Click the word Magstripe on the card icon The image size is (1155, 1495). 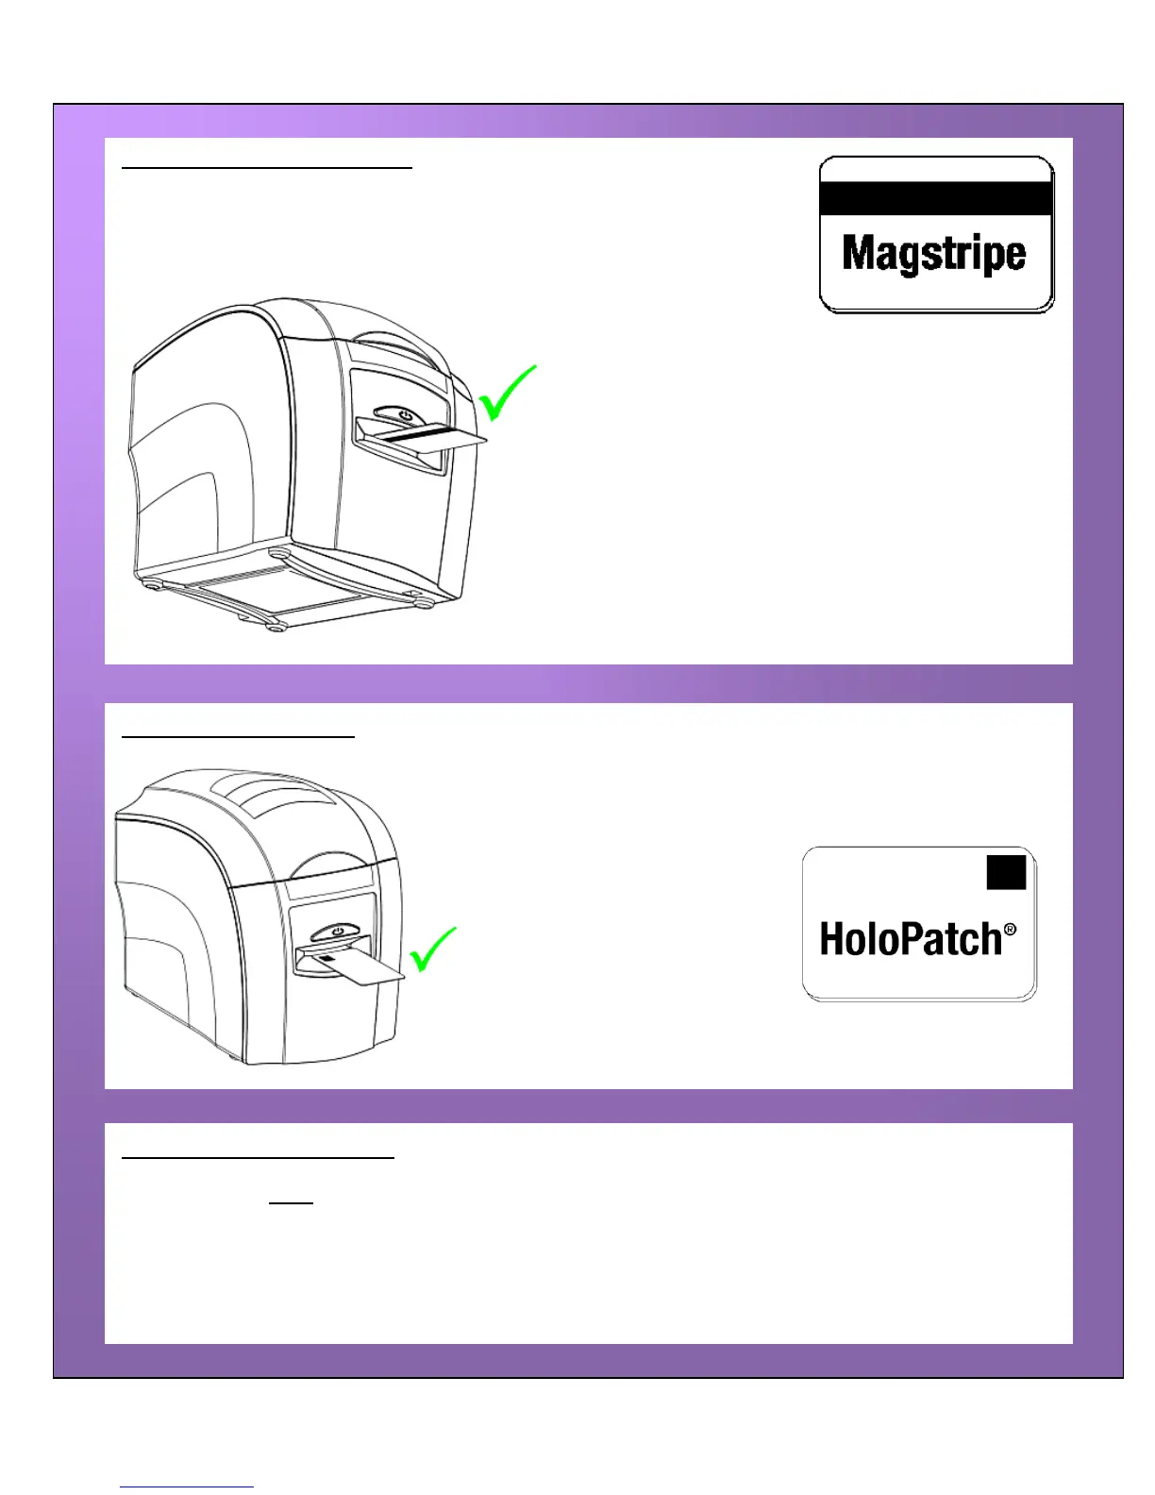(x=933, y=254)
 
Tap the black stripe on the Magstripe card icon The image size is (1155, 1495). (x=935, y=199)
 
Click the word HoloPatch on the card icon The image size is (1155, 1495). (x=910, y=939)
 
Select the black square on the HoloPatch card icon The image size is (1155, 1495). (x=1006, y=873)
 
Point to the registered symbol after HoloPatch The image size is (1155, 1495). (x=1011, y=930)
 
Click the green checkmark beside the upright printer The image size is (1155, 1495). (x=433, y=949)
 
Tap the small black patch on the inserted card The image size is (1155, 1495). (x=326, y=957)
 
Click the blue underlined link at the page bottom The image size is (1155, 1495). (x=187, y=1487)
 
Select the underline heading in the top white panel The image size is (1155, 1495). (x=267, y=167)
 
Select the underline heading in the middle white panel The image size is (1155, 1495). (x=239, y=734)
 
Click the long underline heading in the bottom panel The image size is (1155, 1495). (x=258, y=1156)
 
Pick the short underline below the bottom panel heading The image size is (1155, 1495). (x=291, y=1203)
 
